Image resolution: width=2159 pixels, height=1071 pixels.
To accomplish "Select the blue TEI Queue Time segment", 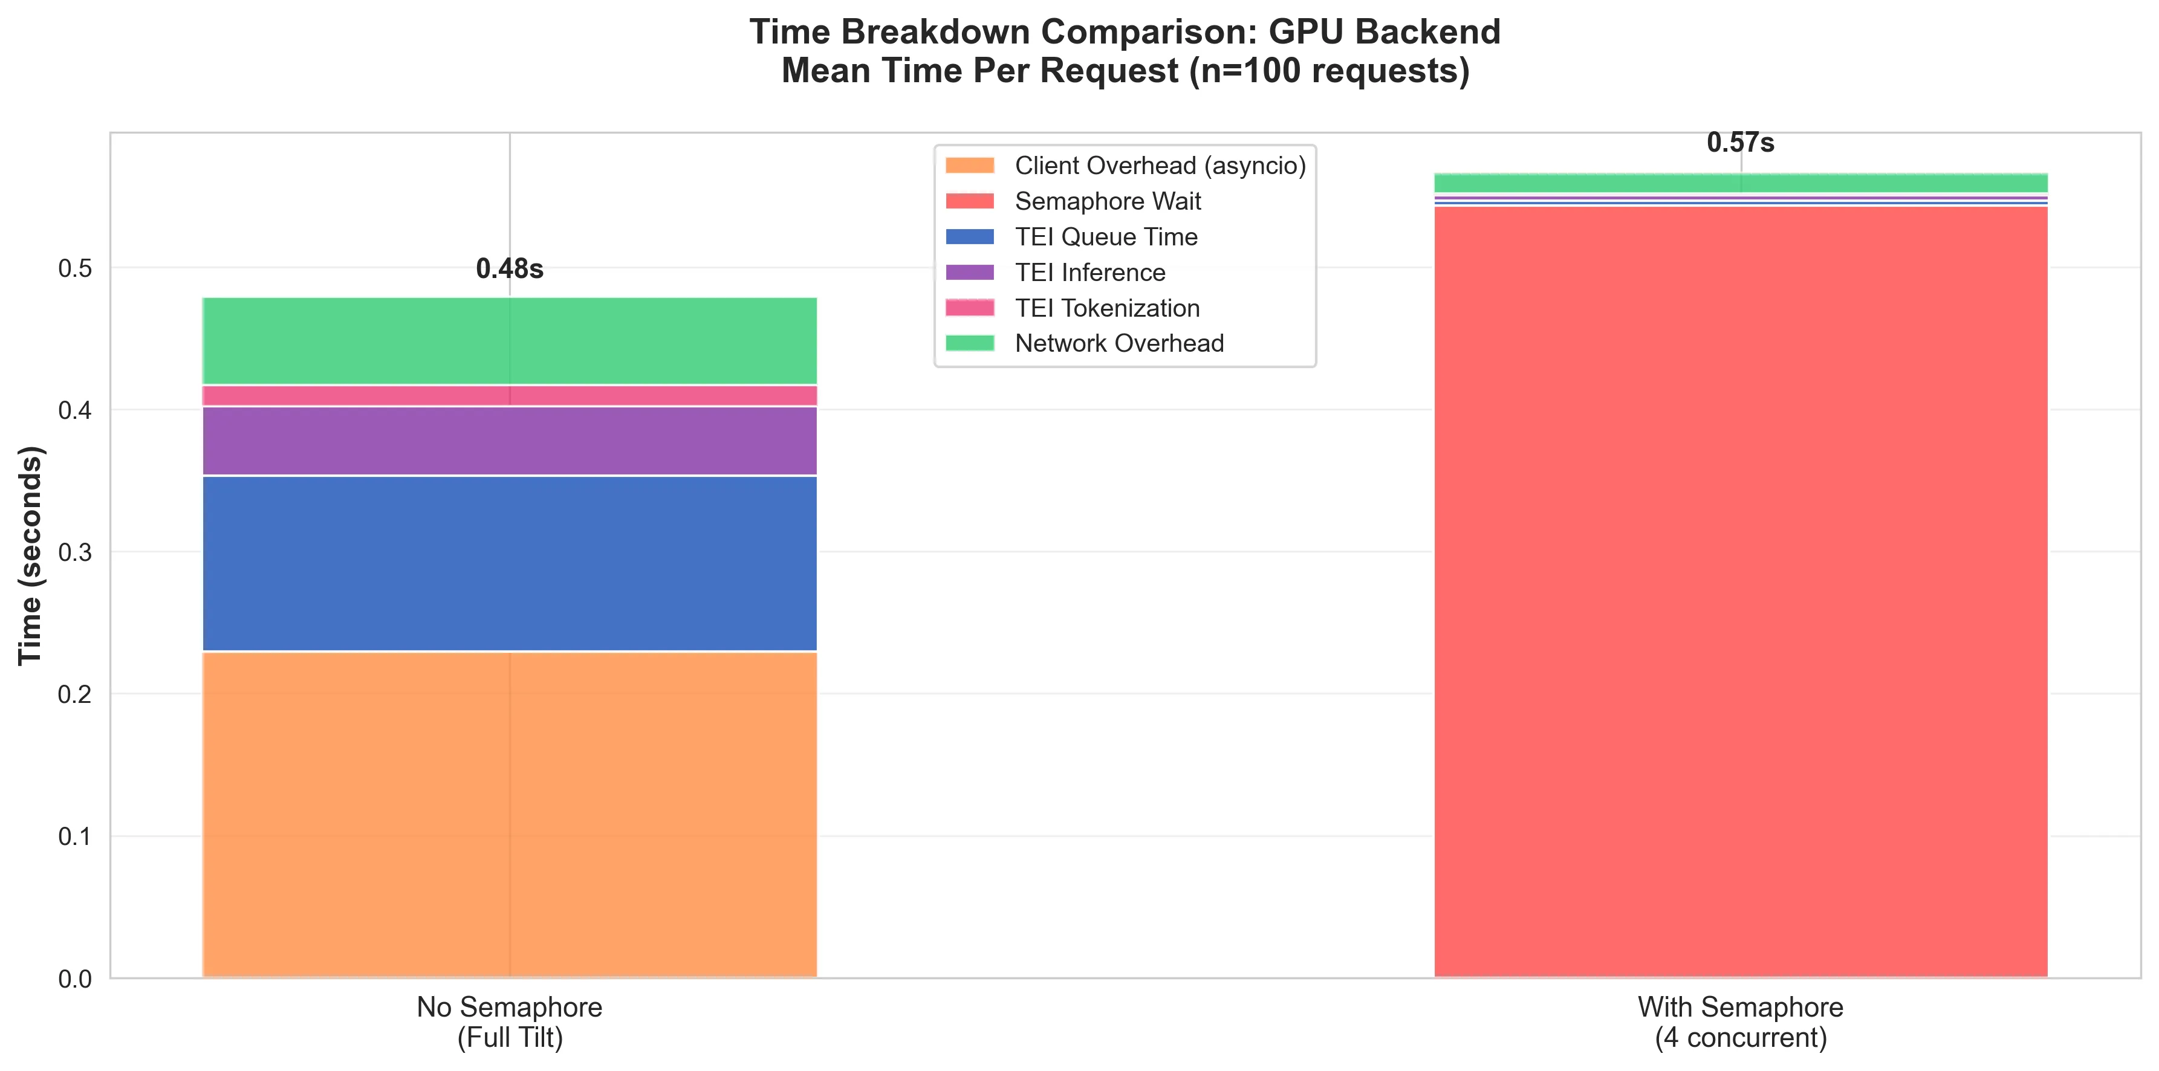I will click(x=510, y=563).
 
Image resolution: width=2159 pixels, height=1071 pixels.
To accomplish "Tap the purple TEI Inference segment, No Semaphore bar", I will click(x=510, y=441).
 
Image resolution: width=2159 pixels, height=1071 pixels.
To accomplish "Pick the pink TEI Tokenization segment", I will click(x=510, y=395).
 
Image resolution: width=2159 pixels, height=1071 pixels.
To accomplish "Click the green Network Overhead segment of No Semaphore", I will click(x=510, y=341).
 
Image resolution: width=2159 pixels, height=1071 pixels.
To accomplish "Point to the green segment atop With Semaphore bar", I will click(x=1740, y=183).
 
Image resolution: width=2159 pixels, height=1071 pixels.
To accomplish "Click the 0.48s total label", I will click(x=510, y=269).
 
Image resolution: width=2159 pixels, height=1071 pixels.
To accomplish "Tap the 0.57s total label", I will click(x=1740, y=143).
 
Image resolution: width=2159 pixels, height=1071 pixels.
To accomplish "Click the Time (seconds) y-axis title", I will click(x=31, y=555).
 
